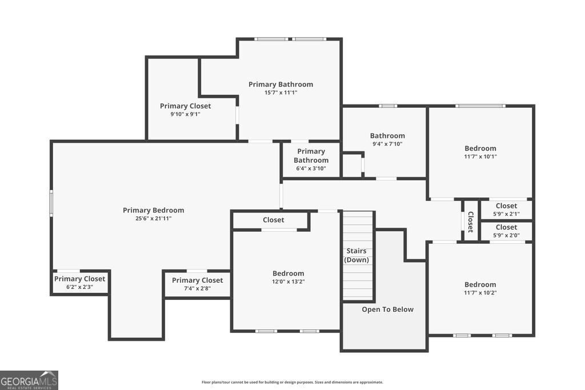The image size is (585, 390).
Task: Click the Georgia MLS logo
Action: tap(29, 380)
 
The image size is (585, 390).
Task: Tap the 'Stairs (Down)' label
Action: tap(356, 255)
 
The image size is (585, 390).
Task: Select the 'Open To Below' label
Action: tap(388, 309)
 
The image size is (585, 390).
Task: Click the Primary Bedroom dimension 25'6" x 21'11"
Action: tap(153, 219)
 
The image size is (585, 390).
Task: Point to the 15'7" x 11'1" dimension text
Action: tap(281, 93)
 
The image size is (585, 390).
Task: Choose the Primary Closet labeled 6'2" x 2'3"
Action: tap(79, 283)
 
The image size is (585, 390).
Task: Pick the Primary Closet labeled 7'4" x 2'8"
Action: tap(197, 284)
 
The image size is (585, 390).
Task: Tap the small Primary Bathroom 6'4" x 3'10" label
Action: tap(311, 160)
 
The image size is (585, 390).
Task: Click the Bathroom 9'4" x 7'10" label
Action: tap(387, 139)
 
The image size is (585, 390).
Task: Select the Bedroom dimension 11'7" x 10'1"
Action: tap(480, 156)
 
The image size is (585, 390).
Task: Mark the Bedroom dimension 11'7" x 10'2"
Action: tap(480, 293)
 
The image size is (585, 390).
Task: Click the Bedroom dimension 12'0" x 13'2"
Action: tap(289, 282)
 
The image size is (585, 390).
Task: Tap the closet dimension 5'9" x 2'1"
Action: tap(506, 214)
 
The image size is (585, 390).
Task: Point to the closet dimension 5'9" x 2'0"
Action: tap(506, 235)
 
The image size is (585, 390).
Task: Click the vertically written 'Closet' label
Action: tap(471, 222)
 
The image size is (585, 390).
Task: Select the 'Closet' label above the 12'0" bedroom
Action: tap(274, 220)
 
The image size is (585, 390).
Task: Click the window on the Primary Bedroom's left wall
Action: tap(51, 203)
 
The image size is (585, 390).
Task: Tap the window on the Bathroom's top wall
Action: tap(388, 106)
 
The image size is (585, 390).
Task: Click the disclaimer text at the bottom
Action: tap(292, 382)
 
